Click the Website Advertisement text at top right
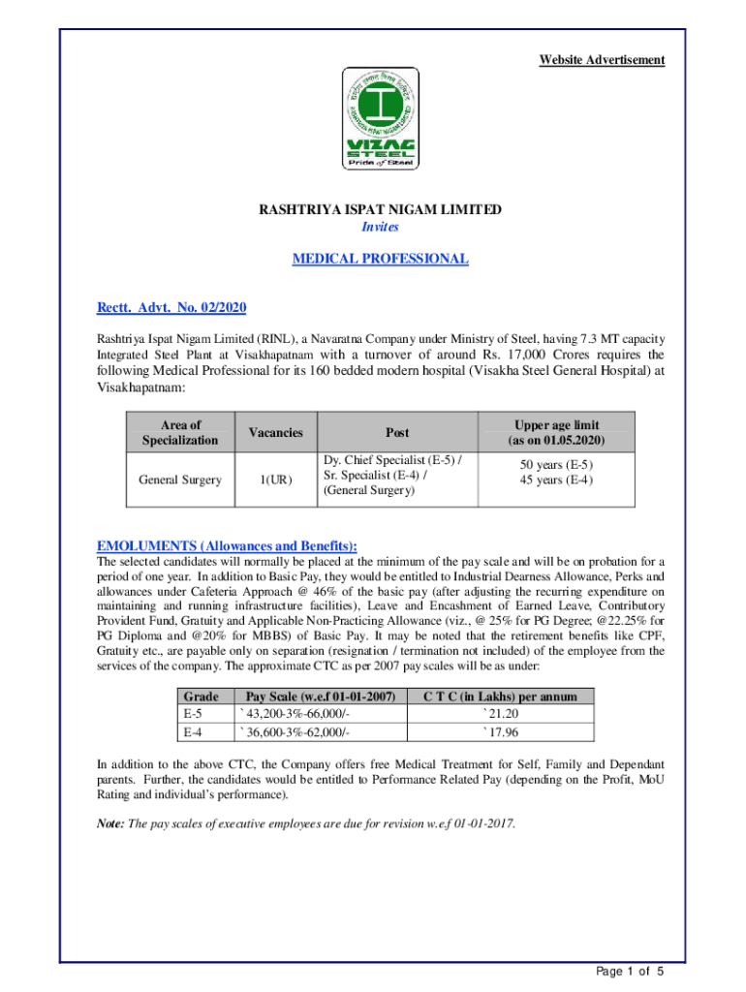602,60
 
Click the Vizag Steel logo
380,118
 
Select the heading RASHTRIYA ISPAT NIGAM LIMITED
380,210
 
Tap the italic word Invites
380,227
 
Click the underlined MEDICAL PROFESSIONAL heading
380,259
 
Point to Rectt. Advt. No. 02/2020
171,308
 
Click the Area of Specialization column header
180,432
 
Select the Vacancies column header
275,433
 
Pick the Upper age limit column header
556,432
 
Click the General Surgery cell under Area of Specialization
180,480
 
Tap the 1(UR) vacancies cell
275,480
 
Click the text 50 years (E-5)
556,466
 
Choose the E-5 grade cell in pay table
193,714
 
